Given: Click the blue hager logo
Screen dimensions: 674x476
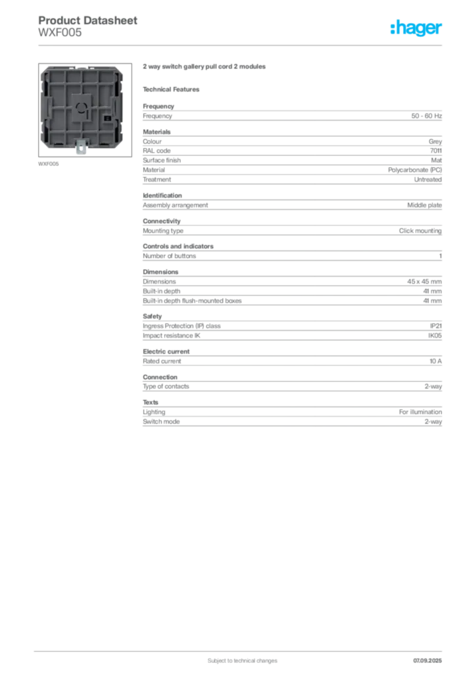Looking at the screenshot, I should pos(417,28).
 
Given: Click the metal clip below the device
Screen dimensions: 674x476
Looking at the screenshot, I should pos(82,148).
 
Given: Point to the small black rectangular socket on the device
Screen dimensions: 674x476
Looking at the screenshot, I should pos(107,119).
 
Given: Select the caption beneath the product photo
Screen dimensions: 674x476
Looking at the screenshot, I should pos(49,164).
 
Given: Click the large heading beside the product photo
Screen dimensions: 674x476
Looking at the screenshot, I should pos(204,67).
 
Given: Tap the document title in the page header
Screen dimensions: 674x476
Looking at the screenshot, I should pos(88,20).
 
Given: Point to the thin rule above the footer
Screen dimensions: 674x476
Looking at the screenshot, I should pos(242,649).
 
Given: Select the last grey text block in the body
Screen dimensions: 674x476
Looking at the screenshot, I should pos(292,418).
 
